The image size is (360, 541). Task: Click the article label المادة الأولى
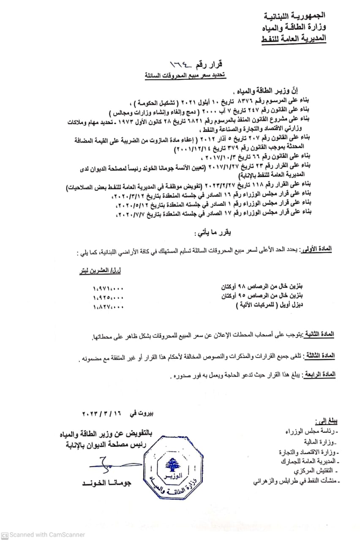pos(316,250)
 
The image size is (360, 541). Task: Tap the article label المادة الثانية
pos(319,334)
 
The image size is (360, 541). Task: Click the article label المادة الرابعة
pos(319,374)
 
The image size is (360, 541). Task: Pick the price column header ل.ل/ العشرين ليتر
pos(99,268)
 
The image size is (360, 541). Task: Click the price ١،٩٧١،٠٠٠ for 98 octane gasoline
pos(108,288)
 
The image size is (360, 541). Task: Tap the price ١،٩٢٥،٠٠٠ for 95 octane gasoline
pos(108,298)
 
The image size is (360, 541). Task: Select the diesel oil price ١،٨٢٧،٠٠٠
pos(108,307)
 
